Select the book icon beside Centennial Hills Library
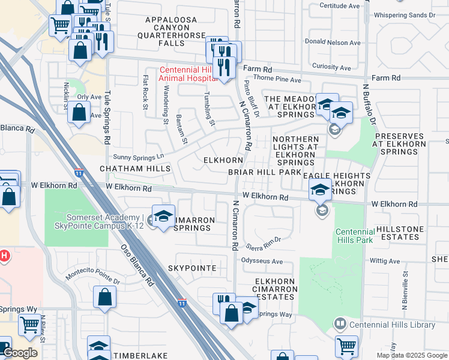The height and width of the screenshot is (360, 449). (x=340, y=325)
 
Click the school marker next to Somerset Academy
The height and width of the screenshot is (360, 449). (x=163, y=217)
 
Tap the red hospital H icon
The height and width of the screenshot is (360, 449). (x=4, y=256)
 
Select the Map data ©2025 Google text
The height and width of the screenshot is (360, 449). (x=411, y=355)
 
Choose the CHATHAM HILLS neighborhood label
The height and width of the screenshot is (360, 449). (x=136, y=170)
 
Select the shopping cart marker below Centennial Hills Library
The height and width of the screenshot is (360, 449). (x=346, y=346)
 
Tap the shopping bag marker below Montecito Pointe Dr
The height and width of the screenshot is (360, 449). (x=104, y=297)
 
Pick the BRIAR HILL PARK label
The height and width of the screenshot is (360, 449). (x=264, y=172)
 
